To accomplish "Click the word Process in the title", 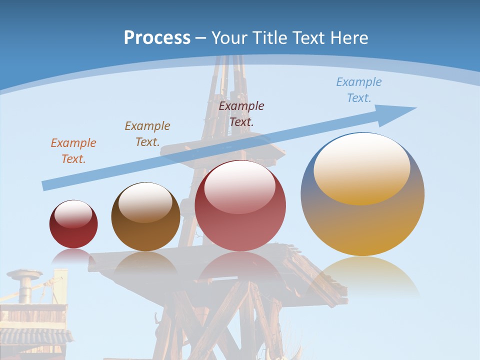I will coord(157,38).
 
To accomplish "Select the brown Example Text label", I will coord(147,133).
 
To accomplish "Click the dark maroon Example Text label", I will coord(241,113).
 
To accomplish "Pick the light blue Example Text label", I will coord(358,89).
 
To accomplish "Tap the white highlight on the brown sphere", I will coord(145,201).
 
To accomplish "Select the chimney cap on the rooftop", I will coord(24,274).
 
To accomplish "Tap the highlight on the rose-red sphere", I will coord(240,186).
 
